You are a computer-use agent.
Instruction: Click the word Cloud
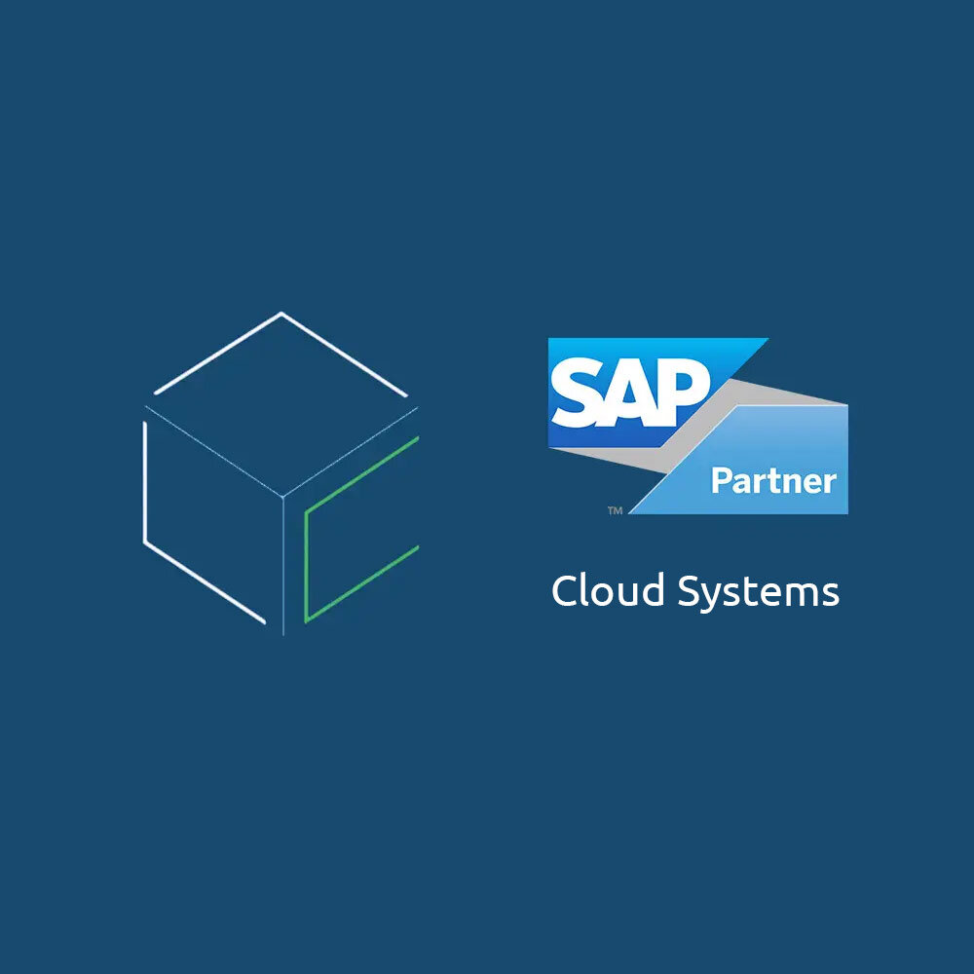[x=608, y=590]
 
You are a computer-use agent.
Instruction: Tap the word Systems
[x=758, y=592]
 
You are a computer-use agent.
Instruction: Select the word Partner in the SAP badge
[x=773, y=482]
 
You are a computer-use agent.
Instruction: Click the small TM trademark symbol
[x=615, y=510]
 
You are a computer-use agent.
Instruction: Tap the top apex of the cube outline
[x=281, y=313]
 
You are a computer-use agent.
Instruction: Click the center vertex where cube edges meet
[x=283, y=497]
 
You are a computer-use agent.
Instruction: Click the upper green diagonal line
[x=362, y=475]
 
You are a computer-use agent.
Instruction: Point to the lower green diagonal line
[x=362, y=583]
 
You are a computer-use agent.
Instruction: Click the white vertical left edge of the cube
[x=145, y=482]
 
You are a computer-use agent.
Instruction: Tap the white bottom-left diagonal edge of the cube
[x=205, y=581]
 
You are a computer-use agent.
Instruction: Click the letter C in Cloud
[x=564, y=590]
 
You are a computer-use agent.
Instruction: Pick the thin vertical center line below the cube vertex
[x=283, y=566]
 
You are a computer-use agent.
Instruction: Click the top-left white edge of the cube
[x=217, y=353]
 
